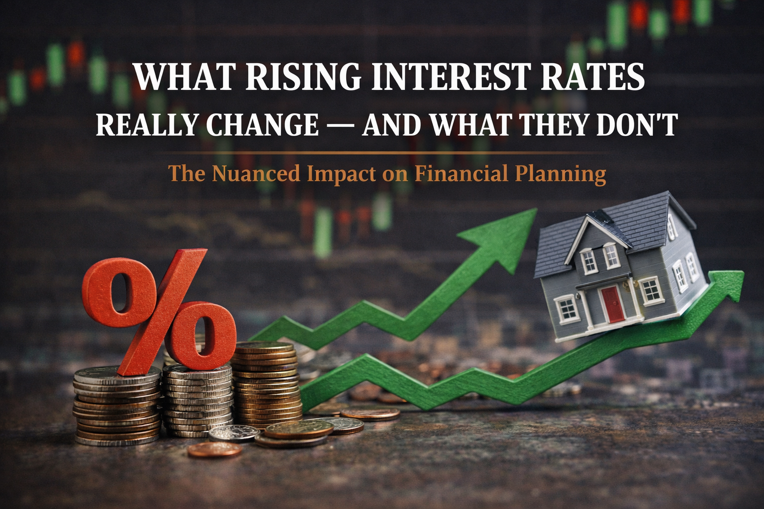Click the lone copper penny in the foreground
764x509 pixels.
(x=214, y=450)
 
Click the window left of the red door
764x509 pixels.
(x=567, y=308)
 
